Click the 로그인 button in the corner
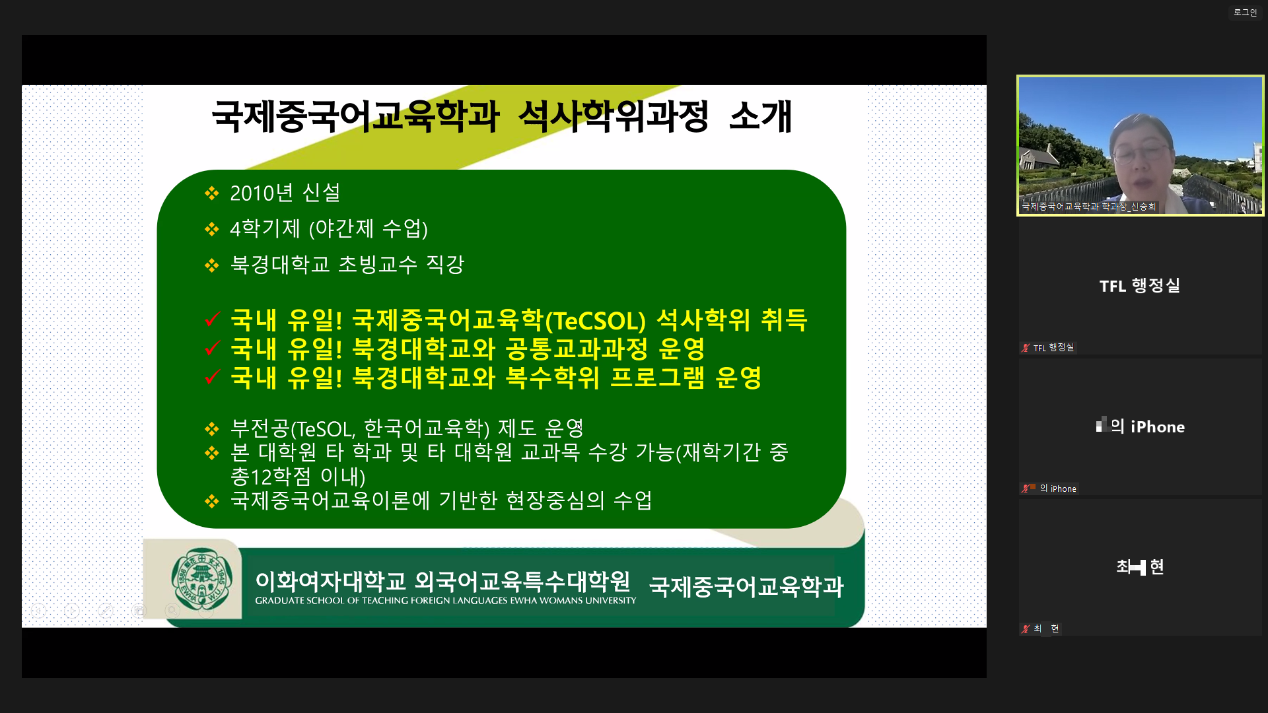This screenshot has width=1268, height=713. click(1245, 13)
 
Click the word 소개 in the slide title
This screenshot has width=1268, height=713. click(760, 116)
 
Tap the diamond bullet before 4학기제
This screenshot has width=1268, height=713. click(211, 229)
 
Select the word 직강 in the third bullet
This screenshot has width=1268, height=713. click(445, 264)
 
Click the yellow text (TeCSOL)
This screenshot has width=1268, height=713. click(594, 321)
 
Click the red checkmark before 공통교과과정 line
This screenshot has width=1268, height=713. click(212, 348)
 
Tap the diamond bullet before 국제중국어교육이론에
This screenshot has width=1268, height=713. click(211, 501)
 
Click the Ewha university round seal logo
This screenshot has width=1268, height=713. click(201, 579)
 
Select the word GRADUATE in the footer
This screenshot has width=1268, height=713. click(280, 601)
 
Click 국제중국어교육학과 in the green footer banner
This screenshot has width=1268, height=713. click(746, 586)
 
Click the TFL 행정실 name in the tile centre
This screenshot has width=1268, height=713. click(1140, 286)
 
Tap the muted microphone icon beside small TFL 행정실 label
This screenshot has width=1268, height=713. click(1026, 348)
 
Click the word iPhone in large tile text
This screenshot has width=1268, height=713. click(1158, 426)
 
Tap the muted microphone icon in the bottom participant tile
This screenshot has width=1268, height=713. click(1026, 628)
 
